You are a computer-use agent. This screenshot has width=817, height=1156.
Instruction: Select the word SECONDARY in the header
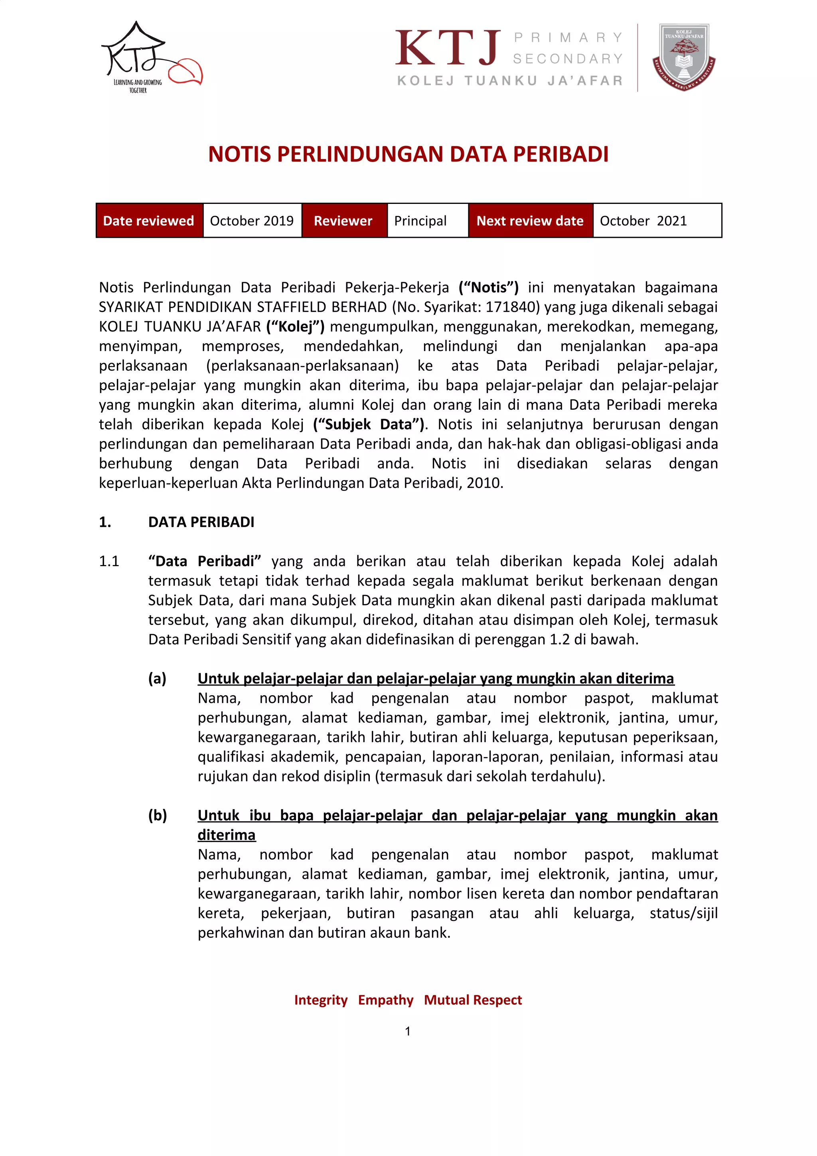[568, 59]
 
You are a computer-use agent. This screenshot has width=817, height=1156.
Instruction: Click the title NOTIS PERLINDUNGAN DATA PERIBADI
[408, 154]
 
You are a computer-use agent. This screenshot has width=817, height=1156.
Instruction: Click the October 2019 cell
[252, 221]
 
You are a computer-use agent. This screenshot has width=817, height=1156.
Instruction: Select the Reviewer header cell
[343, 221]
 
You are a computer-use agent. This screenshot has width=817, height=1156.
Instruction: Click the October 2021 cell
[643, 221]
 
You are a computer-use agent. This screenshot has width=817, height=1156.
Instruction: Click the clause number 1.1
[109, 561]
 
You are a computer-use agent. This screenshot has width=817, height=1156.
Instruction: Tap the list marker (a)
[157, 679]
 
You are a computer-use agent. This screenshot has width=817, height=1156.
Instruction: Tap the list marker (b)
[157, 815]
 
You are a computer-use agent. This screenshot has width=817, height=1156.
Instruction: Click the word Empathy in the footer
[386, 1000]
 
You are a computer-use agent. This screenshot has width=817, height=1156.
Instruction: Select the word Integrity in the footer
[321, 1000]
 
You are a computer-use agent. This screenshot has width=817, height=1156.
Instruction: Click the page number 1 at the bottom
[408, 1031]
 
